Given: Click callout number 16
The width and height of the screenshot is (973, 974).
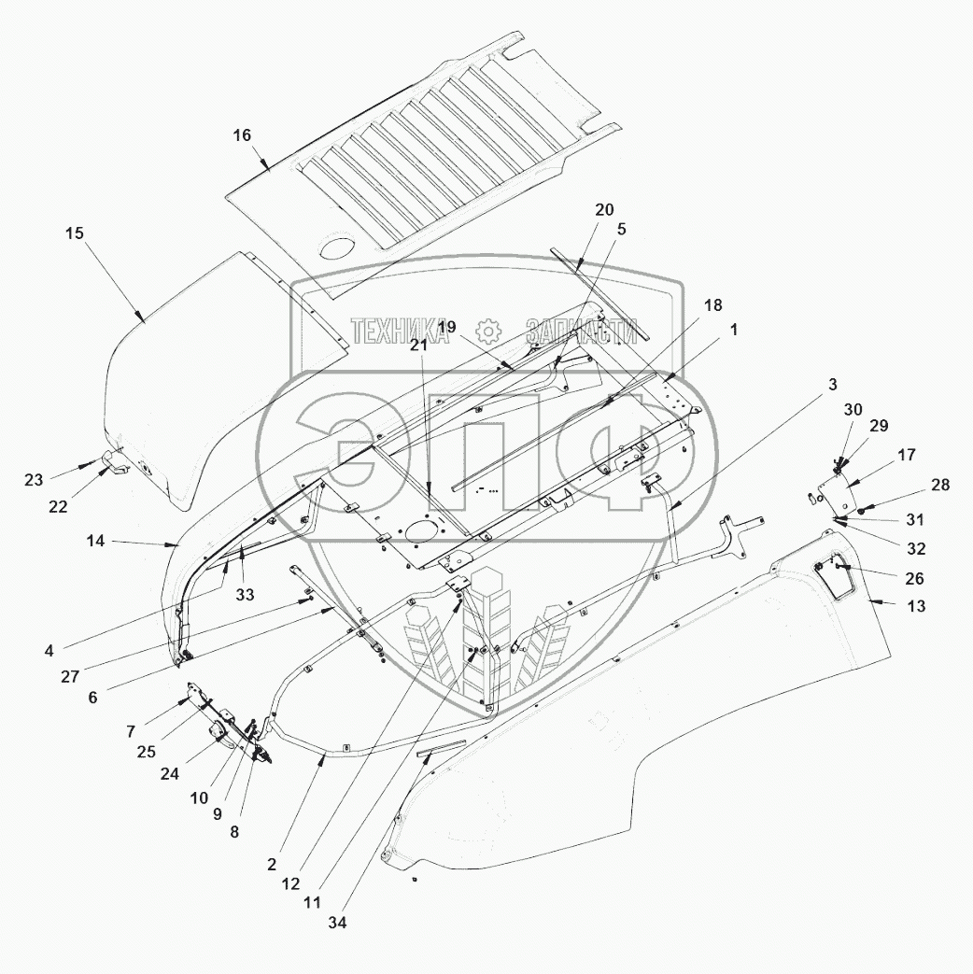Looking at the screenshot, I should point(242,135).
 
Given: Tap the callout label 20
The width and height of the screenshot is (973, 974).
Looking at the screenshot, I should point(603,209).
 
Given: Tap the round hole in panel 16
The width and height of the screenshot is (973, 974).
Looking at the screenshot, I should point(336,249).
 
